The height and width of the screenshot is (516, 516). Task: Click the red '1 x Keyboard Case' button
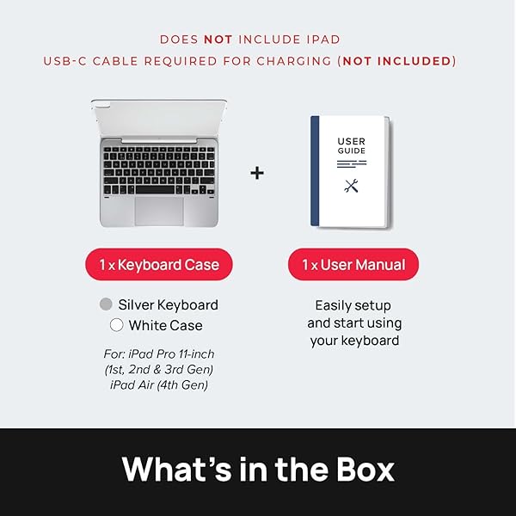click(159, 264)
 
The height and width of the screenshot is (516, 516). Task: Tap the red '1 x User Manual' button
click(353, 264)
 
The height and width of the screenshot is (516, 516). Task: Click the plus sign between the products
click(257, 173)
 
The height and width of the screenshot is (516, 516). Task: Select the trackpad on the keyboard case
click(159, 212)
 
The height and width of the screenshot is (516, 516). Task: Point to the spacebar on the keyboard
click(155, 189)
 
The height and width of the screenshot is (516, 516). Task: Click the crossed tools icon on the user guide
click(351, 186)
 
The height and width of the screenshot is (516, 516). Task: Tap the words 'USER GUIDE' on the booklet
click(351, 146)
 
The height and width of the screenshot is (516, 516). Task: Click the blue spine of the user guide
click(315, 171)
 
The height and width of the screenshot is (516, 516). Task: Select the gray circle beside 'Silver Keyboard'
click(106, 304)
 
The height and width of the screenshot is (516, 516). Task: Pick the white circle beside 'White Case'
click(116, 325)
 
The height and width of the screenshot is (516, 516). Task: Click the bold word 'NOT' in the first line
click(218, 40)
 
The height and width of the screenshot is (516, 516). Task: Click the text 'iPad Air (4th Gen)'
click(159, 384)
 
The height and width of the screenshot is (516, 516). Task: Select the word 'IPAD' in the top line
click(323, 40)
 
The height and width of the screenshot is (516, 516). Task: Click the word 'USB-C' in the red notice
click(64, 61)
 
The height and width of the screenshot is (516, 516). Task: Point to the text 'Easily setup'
click(353, 305)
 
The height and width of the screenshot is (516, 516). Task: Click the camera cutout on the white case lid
click(102, 107)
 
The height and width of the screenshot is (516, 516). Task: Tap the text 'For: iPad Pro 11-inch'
click(159, 353)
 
